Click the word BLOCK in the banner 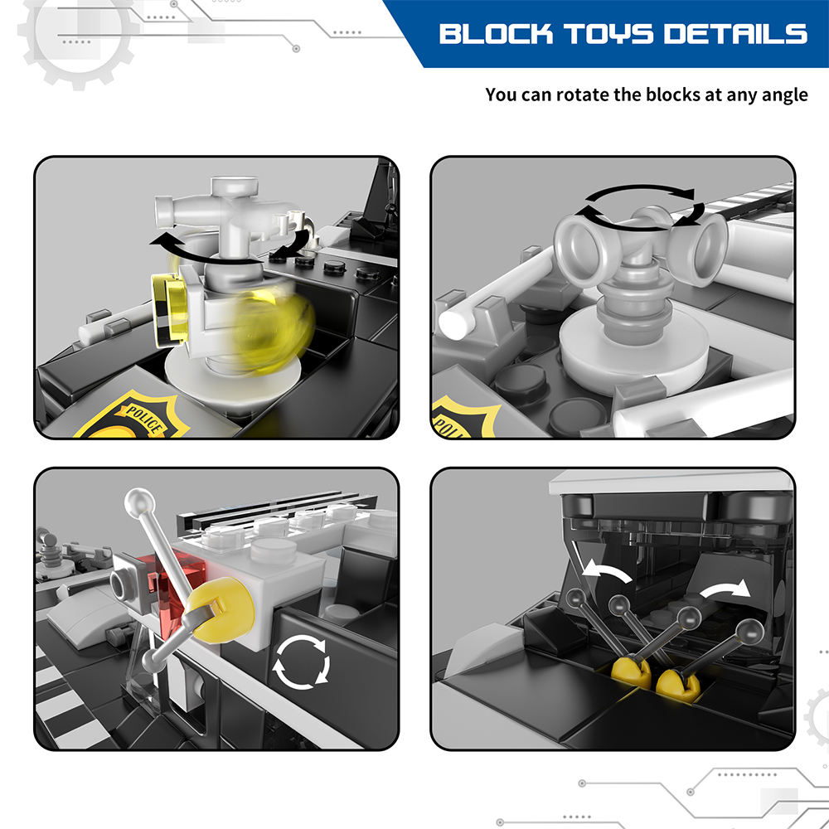point(496,34)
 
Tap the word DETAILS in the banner point(735,34)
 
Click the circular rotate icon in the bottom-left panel point(301,662)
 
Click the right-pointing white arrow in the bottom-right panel point(727,589)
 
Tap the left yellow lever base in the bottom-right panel point(631,671)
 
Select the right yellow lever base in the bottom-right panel point(678,685)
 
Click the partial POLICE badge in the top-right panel point(459,417)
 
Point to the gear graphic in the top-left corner point(78,32)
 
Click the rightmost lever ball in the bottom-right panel point(750,631)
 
